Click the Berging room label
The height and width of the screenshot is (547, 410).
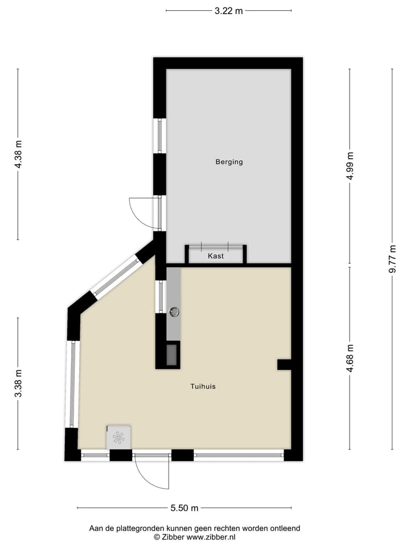[229, 162]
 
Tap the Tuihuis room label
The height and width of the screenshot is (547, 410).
[203, 386]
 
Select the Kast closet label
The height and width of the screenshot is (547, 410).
[216, 256]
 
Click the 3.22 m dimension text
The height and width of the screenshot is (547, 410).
[228, 10]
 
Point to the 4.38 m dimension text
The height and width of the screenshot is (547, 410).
[18, 154]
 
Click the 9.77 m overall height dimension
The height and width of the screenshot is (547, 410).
[392, 259]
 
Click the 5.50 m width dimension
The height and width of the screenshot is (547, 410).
[184, 508]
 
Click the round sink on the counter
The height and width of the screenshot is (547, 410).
[175, 312]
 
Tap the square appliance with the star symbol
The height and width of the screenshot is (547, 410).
[118, 437]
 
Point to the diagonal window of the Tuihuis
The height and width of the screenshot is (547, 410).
[117, 277]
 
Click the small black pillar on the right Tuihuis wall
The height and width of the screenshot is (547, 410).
[284, 365]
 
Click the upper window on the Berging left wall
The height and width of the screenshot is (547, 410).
[160, 136]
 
